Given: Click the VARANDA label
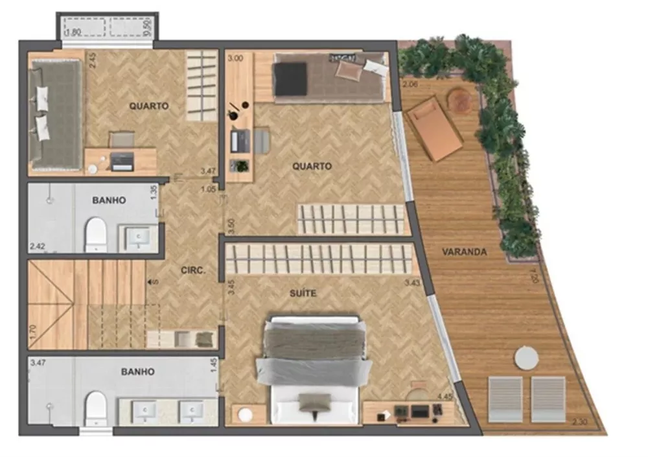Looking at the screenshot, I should click(465, 252).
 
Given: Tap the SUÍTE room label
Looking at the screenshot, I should click(303, 294).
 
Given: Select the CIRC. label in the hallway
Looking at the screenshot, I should click(194, 272).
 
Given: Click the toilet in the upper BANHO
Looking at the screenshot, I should click(96, 234).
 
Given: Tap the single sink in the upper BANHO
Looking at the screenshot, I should click(137, 237).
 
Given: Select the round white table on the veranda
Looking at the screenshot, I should click(526, 358).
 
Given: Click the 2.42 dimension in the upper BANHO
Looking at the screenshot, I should click(38, 246).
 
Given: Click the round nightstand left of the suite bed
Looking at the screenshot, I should click(246, 413).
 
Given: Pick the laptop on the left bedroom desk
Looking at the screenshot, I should click(122, 161).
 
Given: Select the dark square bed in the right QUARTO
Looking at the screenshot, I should click(291, 79).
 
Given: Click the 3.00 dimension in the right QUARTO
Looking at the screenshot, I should click(235, 58).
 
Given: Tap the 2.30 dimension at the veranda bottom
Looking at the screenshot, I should click(581, 423).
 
